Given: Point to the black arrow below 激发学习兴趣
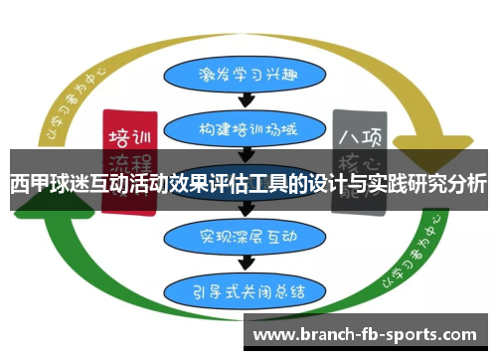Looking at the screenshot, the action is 249,100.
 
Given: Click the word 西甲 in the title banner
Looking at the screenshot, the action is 28,184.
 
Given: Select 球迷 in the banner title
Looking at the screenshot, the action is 68,184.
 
